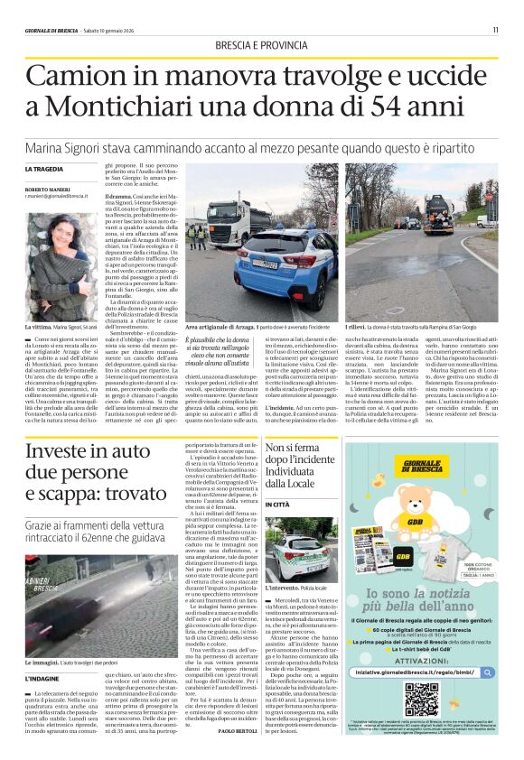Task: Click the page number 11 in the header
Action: coord(495,30)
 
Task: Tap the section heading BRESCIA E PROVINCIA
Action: coord(261,45)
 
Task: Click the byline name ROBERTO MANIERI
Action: coord(44,188)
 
